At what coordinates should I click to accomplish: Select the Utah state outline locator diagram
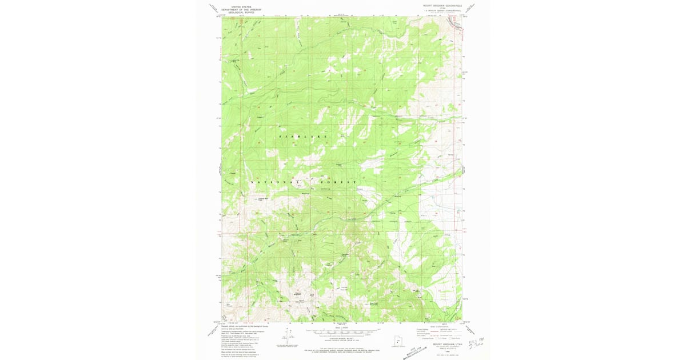[x=400, y=337]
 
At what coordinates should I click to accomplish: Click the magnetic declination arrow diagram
[x=284, y=338]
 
